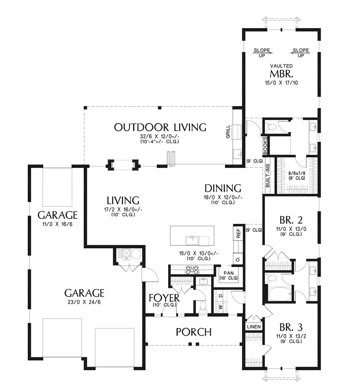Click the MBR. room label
coord(281,74)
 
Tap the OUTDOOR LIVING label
coord(160,127)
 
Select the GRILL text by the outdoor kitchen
coord(228,132)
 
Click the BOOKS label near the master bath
coord(265,145)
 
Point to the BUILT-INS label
coord(268,176)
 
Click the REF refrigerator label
coord(238,233)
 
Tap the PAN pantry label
coord(229,273)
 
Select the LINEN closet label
coord(254,327)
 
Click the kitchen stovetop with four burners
coord(192,270)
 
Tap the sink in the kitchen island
coord(192,240)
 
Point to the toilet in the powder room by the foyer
coord(203,307)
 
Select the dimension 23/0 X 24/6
coord(84,302)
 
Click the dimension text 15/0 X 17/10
coord(281,83)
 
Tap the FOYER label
coord(164,298)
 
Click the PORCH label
coord(194,332)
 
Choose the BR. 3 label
coord(291,327)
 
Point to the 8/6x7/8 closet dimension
coord(297,173)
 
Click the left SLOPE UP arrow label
coord(262,53)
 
